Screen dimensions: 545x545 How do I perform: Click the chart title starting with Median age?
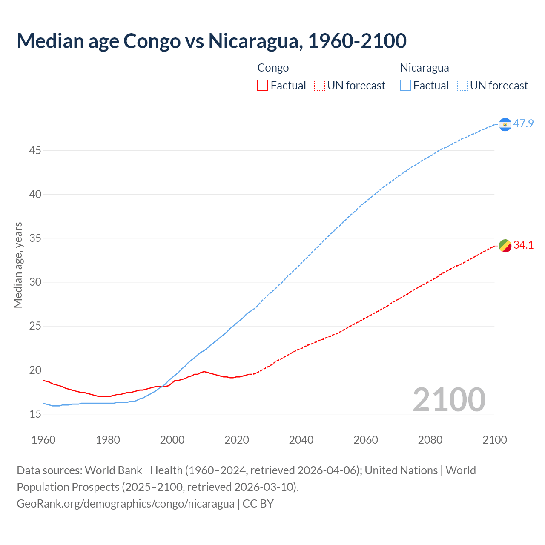(212, 41)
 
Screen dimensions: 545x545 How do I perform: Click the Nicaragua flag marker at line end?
(505, 124)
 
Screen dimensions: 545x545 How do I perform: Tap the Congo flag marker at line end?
(505, 246)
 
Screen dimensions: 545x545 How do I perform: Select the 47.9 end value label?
(523, 124)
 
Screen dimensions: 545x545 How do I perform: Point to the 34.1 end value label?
(523, 245)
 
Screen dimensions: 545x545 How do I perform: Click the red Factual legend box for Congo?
(263, 86)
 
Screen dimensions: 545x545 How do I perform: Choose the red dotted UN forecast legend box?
(319, 86)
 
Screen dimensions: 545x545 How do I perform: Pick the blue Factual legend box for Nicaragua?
(406, 86)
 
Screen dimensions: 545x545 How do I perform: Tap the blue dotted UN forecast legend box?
(462, 86)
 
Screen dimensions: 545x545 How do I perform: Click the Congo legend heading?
(273, 68)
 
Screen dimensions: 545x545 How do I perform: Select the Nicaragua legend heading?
(425, 68)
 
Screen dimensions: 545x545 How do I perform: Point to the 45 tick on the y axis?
(35, 150)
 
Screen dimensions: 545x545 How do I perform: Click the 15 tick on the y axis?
(35, 414)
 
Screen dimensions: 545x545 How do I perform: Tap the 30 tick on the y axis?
(35, 282)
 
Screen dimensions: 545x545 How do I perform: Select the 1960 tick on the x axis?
(43, 440)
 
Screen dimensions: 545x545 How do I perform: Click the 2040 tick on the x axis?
(301, 440)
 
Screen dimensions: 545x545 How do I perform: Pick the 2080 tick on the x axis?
(430, 440)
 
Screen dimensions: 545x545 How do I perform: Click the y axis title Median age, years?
(18, 265)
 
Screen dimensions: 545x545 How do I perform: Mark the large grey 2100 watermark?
(449, 399)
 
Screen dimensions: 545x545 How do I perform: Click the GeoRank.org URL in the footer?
(126, 504)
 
